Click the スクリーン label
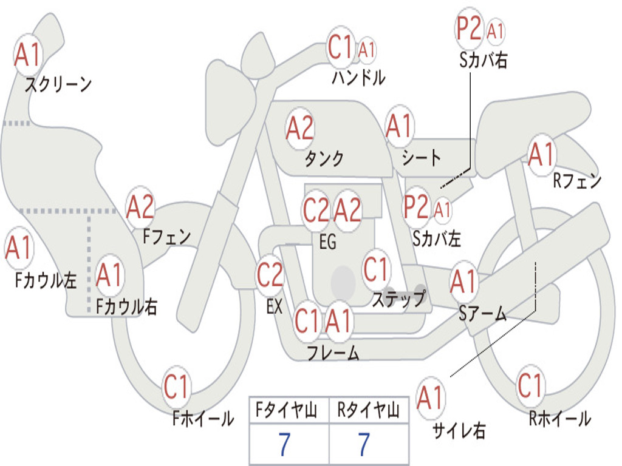pos(58,84)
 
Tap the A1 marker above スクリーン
pos(28,55)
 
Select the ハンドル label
pos(358,77)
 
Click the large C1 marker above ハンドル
pos(340,47)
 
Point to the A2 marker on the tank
pos(299,128)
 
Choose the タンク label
pos(324,158)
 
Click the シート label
pos(422,158)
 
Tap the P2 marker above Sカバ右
pos(469,29)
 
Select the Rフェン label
pos(577,181)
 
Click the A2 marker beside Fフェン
pos(140,207)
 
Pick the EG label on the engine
pos(327,241)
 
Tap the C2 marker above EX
pos(270,275)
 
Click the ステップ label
pos(398,299)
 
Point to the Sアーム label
pos(483,314)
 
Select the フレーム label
pos(333,353)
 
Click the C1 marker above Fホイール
pos(177,387)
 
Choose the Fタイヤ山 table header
pos(286,410)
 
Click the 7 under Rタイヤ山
pos(364,445)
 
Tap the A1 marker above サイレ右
pos(431,397)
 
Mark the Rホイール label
pos(559,419)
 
